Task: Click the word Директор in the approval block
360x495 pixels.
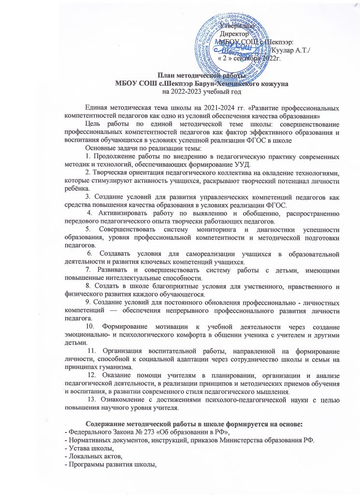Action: click(234, 35)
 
